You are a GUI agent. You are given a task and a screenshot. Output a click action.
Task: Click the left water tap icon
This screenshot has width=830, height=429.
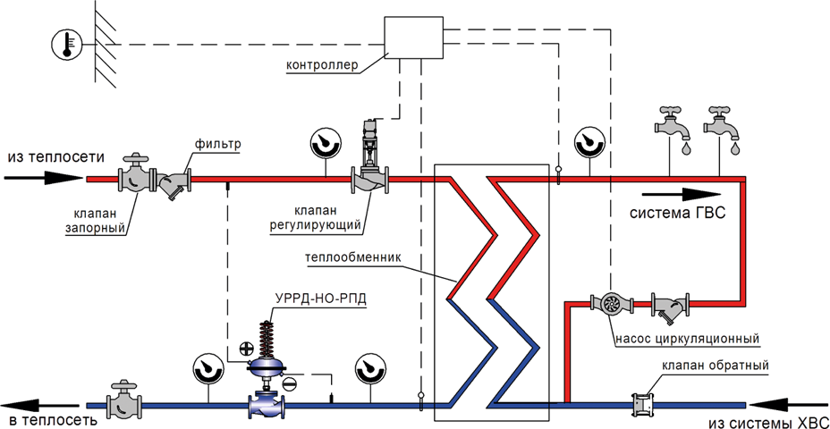(x=673, y=128)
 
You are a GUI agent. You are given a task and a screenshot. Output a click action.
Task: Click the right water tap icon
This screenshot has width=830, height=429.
(x=723, y=128)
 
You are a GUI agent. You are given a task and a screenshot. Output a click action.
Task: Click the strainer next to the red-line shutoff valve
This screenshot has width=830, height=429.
(x=174, y=182)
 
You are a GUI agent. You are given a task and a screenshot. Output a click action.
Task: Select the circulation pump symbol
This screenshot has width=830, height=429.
(x=613, y=304)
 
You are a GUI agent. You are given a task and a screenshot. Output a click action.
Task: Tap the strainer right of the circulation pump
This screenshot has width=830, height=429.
(x=668, y=308)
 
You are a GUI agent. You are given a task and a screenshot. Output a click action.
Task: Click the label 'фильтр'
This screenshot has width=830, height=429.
(x=218, y=144)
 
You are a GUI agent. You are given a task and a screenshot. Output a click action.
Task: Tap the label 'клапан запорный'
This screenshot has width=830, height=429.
(x=95, y=221)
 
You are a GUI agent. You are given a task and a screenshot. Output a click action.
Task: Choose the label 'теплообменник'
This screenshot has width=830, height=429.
(x=353, y=257)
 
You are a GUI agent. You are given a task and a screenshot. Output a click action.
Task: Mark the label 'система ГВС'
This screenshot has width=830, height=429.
(x=677, y=214)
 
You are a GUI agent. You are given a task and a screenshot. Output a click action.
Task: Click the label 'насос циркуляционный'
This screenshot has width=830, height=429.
(x=687, y=340)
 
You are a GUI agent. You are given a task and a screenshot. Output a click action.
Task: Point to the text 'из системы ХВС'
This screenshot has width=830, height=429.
(x=768, y=422)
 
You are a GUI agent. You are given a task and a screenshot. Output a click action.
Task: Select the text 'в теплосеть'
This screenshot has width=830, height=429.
(x=47, y=421)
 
